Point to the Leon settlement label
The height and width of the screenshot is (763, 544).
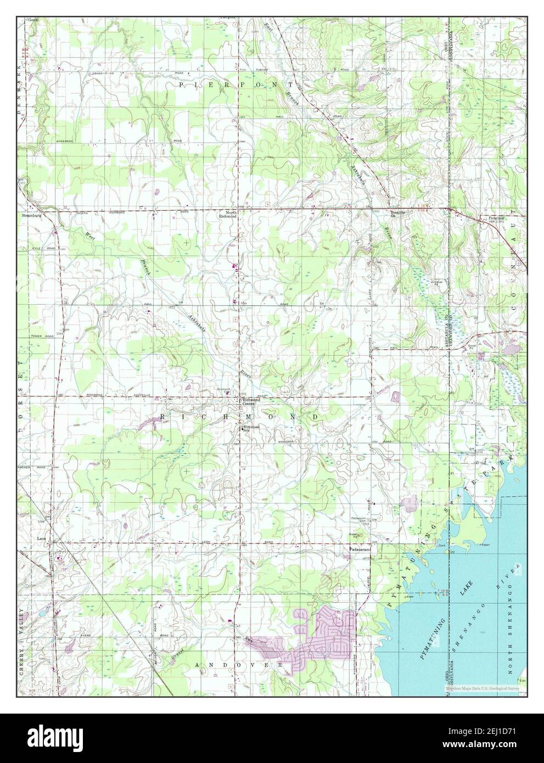41,538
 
